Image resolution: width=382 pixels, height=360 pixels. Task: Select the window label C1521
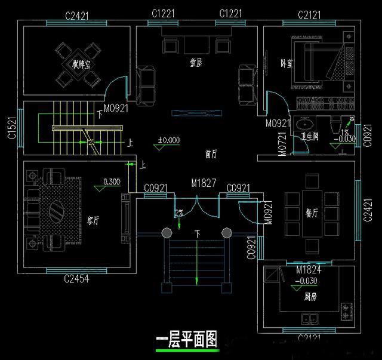pyautogui.click(x=11, y=128)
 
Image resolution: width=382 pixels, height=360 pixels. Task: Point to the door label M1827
pyautogui.click(x=203, y=181)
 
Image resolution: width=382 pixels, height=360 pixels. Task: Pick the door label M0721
pyautogui.click(x=282, y=144)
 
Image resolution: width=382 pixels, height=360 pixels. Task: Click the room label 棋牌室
pyautogui.click(x=82, y=64)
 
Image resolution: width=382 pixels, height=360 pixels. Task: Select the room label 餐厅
pyautogui.click(x=312, y=213)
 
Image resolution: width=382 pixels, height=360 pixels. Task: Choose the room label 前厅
pyautogui.click(x=210, y=153)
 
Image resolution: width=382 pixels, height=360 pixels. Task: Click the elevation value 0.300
pyautogui.click(x=111, y=181)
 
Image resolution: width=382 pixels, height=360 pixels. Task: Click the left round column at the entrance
pyautogui.click(x=167, y=232)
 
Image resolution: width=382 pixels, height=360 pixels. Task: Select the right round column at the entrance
pyautogui.click(x=226, y=232)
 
